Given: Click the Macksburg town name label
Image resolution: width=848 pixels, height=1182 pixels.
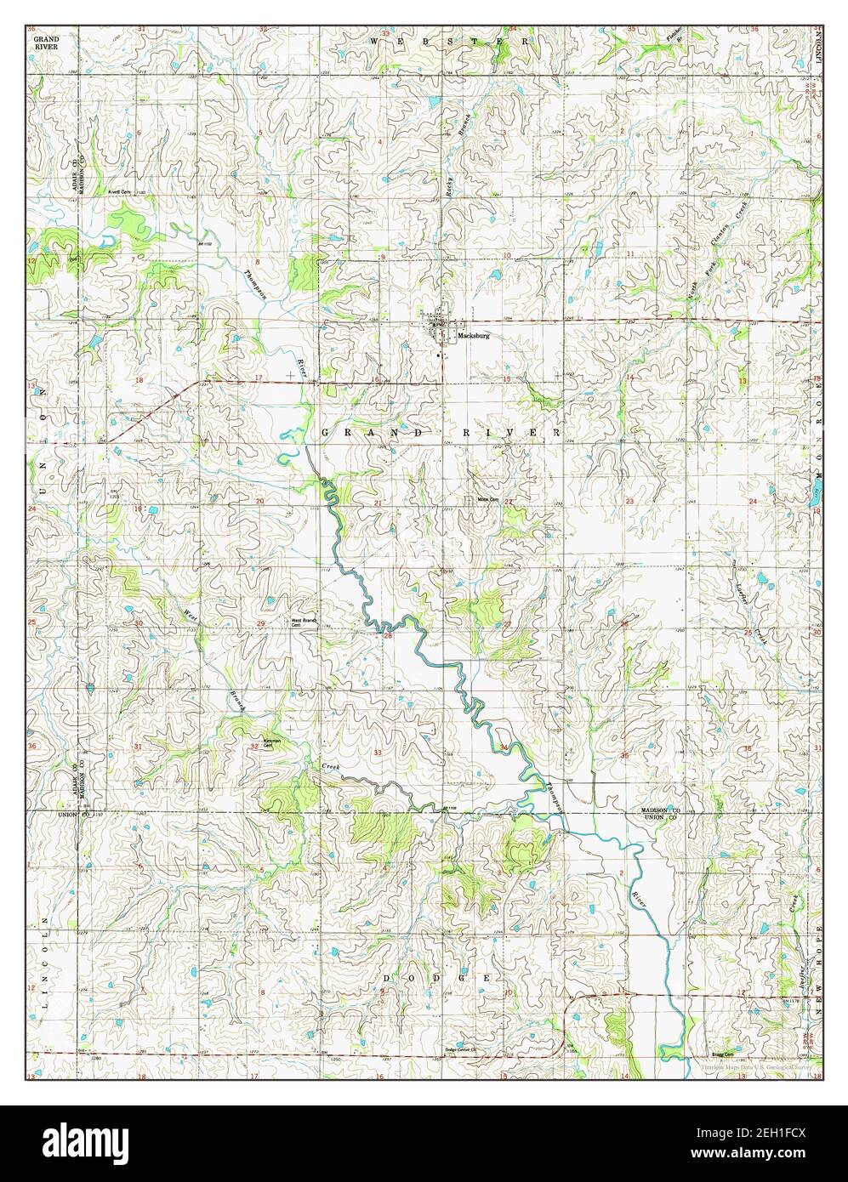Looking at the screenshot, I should coord(474,336).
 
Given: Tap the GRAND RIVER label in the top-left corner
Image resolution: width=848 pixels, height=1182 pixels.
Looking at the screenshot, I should coord(46,43).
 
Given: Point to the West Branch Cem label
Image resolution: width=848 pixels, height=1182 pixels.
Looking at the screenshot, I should coord(304,622).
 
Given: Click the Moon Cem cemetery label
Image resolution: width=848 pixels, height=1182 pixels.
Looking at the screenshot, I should coord(487,499).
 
